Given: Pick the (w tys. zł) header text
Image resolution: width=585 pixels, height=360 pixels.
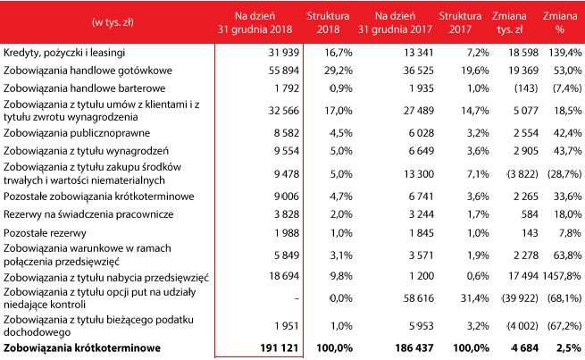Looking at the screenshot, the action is coord(106,20).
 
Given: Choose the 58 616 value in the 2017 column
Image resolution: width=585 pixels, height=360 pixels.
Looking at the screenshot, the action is coord(413,298).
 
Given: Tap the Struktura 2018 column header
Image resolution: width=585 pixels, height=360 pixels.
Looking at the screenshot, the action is coord(328,23).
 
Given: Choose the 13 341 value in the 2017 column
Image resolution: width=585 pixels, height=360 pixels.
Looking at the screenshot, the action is coord(413,54).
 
